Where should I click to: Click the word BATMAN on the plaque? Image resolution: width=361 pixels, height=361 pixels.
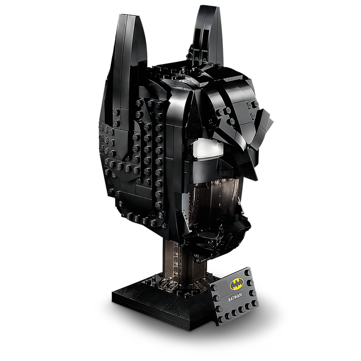[x=235, y=298]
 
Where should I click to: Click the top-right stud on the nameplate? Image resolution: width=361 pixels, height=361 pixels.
[x=249, y=273]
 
